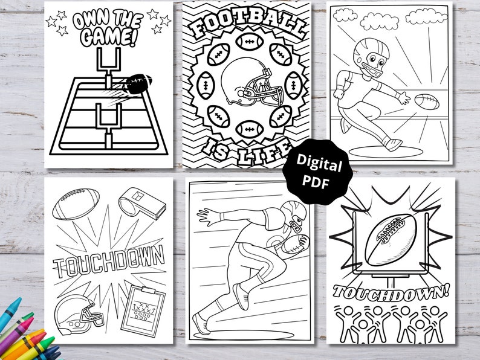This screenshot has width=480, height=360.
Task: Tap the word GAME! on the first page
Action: coord(108,36)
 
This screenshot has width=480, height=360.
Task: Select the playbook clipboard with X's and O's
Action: coord(143,309)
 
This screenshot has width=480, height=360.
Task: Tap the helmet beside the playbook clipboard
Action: coord(76,315)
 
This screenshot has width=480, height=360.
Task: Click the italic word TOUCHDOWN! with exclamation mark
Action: coord(391,292)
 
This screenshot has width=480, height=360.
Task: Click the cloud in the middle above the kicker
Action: coord(380,22)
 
